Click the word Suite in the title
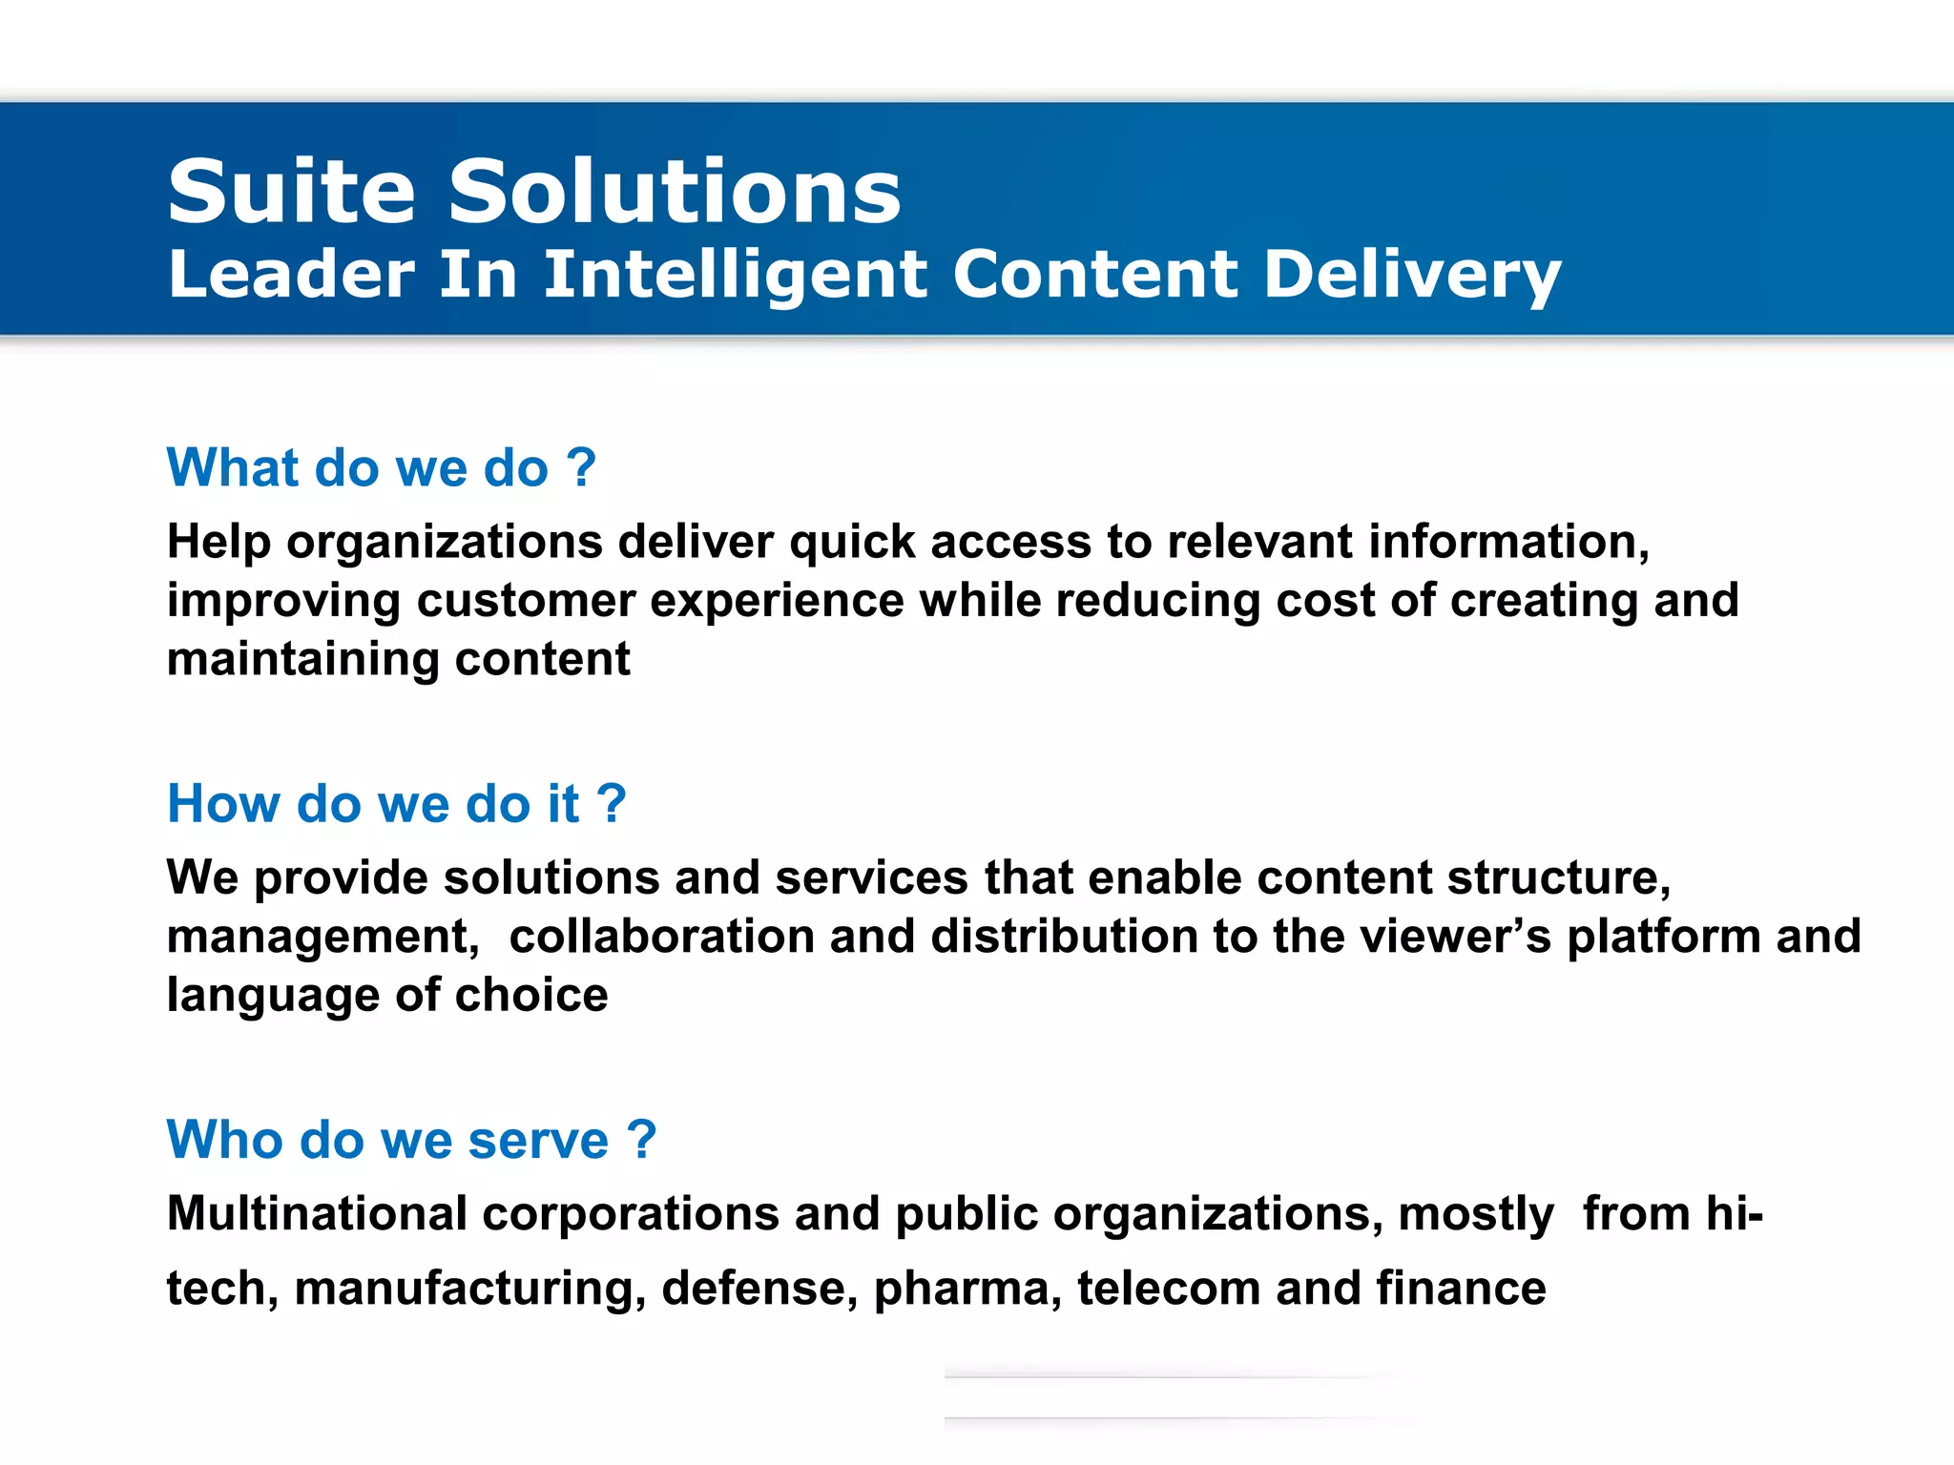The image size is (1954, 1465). pyautogui.click(x=291, y=193)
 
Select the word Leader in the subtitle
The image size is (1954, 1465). pyautogui.click(x=291, y=275)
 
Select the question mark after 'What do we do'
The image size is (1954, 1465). pyautogui.click(x=581, y=468)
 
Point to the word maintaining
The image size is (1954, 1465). pyautogui.click(x=302, y=660)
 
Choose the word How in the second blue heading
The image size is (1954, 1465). pyautogui.click(x=223, y=804)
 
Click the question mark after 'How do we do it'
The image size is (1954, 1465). pyautogui.click(x=612, y=804)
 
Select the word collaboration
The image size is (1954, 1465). pyautogui.click(x=661, y=937)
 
